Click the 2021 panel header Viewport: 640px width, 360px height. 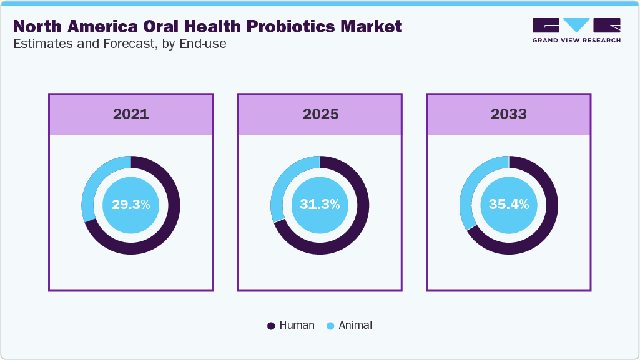(x=130, y=114)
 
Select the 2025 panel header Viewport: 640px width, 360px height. (x=320, y=114)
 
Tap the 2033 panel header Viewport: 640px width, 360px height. (x=508, y=114)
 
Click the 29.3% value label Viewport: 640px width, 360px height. (x=130, y=205)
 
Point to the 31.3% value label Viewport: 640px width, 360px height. (x=320, y=205)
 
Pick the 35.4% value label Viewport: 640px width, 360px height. (x=508, y=205)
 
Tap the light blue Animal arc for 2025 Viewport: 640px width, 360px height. (x=282, y=185)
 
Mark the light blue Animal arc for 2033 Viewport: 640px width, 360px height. (x=470, y=187)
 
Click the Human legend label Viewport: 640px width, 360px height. (x=297, y=325)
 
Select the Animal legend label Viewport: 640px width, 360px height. (x=355, y=325)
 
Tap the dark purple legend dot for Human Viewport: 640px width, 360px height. (x=271, y=326)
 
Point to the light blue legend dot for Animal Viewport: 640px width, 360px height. (x=330, y=326)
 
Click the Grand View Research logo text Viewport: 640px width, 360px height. (x=576, y=41)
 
